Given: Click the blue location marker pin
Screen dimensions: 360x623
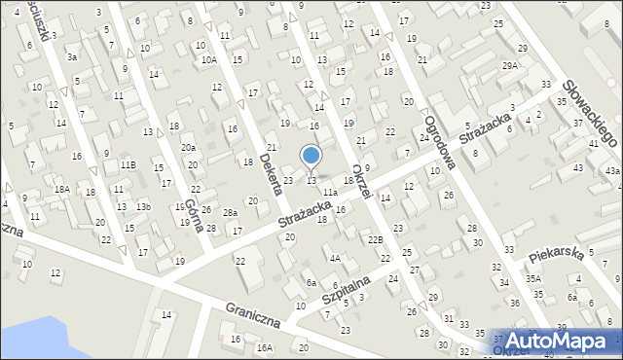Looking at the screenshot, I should coord(311,156).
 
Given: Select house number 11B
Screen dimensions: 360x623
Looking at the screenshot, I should coord(128,165).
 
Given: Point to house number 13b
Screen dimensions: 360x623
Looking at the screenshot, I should coord(143,206).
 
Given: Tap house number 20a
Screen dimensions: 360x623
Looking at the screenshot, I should coord(188,147).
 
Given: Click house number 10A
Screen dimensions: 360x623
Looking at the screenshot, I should coord(209,59).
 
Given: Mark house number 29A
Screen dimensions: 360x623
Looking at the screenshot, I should coord(510,65).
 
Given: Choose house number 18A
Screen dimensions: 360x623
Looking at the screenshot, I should coord(60,189).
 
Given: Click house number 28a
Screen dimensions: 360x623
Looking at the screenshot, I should coord(230,212).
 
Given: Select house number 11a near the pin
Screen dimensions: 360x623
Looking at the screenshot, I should coord(331,193).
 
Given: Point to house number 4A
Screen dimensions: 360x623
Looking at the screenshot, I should coord(335,258).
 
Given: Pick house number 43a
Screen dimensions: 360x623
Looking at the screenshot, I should coord(611,170).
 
